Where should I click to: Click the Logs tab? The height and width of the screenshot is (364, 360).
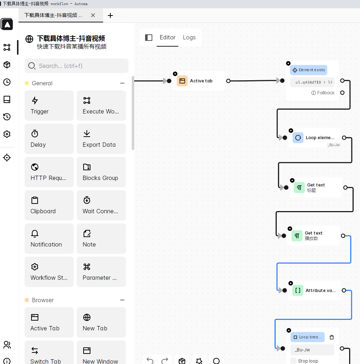(x=189, y=38)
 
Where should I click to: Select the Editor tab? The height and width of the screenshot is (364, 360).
(x=168, y=38)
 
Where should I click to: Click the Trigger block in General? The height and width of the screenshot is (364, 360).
(x=49, y=106)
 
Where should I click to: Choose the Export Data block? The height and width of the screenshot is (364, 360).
(x=101, y=139)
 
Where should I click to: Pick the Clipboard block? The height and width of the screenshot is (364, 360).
(x=49, y=205)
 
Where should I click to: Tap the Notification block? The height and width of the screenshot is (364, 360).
(x=49, y=239)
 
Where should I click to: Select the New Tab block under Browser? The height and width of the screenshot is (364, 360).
(x=101, y=322)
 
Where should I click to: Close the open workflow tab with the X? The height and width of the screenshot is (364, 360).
(x=93, y=16)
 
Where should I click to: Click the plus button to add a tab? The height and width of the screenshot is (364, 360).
(x=110, y=16)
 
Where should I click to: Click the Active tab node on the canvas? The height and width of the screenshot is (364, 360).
(x=201, y=81)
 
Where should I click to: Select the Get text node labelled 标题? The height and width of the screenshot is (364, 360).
(x=315, y=188)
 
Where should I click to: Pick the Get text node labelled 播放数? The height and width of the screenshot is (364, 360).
(x=313, y=236)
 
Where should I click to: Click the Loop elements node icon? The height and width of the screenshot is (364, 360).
(x=298, y=138)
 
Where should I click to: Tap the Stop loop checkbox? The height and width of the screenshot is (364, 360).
(x=293, y=361)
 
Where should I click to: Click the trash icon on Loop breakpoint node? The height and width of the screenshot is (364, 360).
(x=332, y=337)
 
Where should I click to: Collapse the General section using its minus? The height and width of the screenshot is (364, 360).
(x=122, y=83)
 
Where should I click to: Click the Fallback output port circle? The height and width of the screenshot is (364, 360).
(x=342, y=93)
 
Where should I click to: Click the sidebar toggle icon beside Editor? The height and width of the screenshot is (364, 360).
(x=149, y=38)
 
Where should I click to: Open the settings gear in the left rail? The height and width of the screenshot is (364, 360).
(x=7, y=134)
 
